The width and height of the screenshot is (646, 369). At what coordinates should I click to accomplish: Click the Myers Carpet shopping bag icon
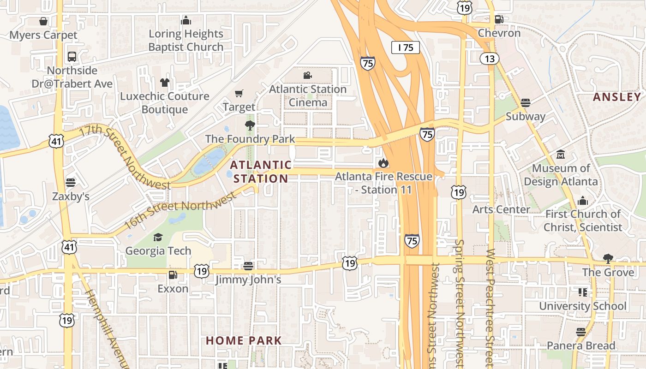pyautogui.click(x=43, y=21)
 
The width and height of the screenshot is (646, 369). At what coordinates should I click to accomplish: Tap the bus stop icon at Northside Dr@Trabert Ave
pyautogui.click(x=72, y=57)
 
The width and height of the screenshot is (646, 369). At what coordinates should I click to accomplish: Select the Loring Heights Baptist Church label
pyautogui.click(x=186, y=40)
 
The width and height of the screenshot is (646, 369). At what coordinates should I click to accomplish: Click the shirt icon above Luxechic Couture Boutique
pyautogui.click(x=165, y=83)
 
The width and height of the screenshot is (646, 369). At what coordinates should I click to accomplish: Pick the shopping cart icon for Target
pyautogui.click(x=239, y=94)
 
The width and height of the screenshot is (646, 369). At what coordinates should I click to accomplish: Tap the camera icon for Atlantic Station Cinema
pyautogui.click(x=308, y=75)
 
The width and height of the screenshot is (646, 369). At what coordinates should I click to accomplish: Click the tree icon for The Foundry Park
pyautogui.click(x=250, y=125)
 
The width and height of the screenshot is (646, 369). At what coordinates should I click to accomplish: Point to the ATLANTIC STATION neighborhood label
pyautogui.click(x=261, y=172)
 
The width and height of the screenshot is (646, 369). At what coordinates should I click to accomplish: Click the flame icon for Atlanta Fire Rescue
pyautogui.click(x=383, y=163)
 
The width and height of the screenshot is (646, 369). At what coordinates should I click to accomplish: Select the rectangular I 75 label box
pyautogui.click(x=406, y=47)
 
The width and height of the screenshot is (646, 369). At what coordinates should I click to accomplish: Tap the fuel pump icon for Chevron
pyautogui.click(x=499, y=19)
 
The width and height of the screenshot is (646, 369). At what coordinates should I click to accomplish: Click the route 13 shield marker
pyautogui.click(x=489, y=59)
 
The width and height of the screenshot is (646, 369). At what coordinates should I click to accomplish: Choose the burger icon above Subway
pyautogui.click(x=526, y=102)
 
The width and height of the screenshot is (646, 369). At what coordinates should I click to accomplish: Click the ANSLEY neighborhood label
pyautogui.click(x=617, y=97)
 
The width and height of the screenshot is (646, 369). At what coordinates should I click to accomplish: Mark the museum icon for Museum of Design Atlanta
pyautogui.click(x=561, y=154)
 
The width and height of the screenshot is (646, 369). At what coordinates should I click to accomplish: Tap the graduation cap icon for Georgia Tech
pyautogui.click(x=158, y=237)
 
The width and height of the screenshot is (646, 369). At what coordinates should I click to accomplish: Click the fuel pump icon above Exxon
pyautogui.click(x=173, y=275)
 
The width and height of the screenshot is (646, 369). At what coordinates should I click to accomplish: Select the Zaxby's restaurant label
pyautogui.click(x=71, y=196)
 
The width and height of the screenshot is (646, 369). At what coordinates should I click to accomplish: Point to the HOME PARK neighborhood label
pyautogui.click(x=244, y=341)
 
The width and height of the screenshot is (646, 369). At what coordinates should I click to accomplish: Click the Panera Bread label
pyautogui.click(x=581, y=345)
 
